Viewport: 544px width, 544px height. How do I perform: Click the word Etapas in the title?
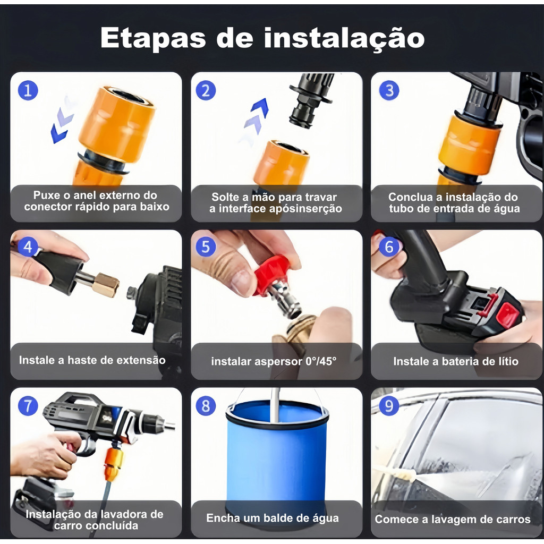tap(153, 39)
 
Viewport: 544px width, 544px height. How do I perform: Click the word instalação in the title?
tap(344, 38)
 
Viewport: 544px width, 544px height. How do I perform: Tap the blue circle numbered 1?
tap(28, 90)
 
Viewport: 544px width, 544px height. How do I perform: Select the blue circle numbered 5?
tap(206, 247)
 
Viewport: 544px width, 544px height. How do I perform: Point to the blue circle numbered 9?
tap(389, 405)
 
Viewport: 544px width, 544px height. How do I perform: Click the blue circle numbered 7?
tap(28, 406)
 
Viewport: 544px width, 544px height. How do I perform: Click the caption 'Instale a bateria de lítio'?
tap(456, 361)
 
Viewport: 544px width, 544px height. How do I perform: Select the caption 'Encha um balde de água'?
tap(273, 518)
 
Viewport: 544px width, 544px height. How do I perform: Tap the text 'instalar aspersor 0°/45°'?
tap(274, 361)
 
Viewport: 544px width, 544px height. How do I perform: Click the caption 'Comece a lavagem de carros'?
tap(453, 520)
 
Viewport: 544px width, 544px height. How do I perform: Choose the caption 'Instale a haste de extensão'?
tap(92, 360)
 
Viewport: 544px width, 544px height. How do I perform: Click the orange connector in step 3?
tap(469, 145)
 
